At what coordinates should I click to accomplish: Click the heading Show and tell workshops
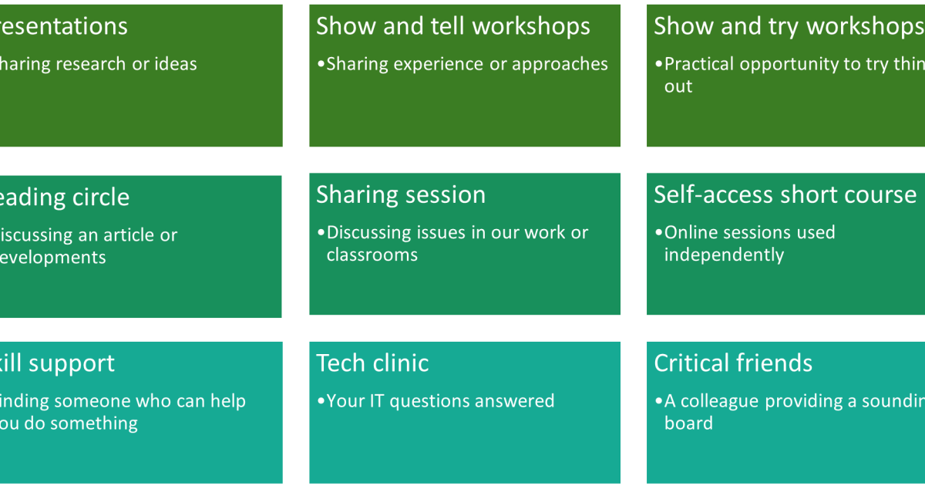452,26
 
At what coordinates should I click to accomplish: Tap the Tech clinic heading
372,363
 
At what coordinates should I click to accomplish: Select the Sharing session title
401,194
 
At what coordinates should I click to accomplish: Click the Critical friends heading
733,363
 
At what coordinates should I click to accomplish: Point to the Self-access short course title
785,194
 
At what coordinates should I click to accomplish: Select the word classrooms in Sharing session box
372,255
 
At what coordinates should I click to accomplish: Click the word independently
724,255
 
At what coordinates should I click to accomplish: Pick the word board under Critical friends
688,424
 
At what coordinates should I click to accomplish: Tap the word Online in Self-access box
689,233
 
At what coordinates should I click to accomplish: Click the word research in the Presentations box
95,65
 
